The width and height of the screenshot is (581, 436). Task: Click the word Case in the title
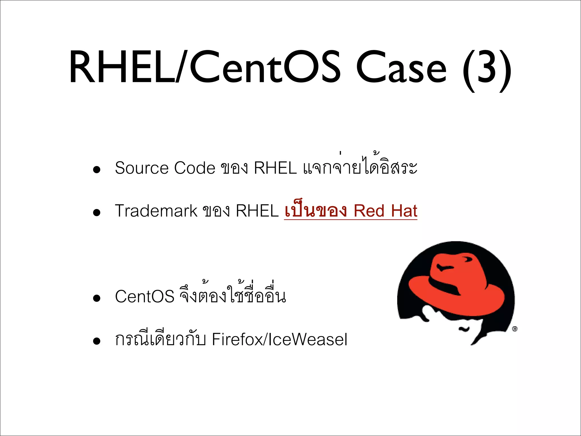401,68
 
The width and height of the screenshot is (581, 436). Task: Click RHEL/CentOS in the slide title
204,68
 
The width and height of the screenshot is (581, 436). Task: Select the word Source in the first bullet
142,168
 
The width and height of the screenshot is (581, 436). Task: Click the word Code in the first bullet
195,168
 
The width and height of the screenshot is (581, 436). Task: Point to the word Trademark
156,211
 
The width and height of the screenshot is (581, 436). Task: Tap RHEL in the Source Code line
275,168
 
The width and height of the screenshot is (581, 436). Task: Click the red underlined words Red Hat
386,211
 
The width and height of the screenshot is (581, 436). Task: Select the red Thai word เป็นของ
315,211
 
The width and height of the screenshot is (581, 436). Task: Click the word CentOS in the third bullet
144,297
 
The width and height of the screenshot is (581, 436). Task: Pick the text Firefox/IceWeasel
279,339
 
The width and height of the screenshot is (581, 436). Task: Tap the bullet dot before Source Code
97,170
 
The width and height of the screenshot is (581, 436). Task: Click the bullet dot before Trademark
97,213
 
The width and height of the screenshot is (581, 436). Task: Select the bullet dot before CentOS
97,298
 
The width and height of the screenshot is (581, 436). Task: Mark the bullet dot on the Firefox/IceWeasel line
97,341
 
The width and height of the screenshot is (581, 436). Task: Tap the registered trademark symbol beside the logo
515,329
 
